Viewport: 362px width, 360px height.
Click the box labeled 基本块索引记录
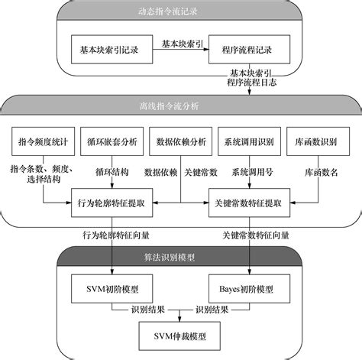click(112, 50)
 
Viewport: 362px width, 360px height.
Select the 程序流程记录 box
click(249, 50)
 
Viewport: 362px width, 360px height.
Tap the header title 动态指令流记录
click(168, 11)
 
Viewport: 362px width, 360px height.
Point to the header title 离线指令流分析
click(169, 106)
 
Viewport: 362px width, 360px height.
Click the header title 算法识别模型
click(170, 258)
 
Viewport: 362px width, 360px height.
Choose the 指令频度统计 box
click(44, 141)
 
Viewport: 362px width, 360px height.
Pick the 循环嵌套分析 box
click(112, 141)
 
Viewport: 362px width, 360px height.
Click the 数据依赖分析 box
click(181, 141)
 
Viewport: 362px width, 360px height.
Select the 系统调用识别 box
click(250, 141)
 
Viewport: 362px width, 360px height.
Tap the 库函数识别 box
click(318, 141)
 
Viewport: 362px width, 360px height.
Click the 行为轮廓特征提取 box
click(112, 203)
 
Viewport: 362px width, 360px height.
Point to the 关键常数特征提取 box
click(249, 203)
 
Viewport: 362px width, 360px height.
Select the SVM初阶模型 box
click(112, 289)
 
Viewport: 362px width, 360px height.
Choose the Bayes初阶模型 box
click(249, 289)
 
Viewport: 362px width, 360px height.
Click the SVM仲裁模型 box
click(179, 336)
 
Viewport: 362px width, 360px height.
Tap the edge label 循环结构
click(112, 172)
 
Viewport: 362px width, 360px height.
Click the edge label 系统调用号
click(252, 172)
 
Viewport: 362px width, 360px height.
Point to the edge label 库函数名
click(322, 173)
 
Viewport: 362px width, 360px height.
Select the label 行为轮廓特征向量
click(116, 235)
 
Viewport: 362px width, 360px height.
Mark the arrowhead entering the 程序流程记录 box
click(206, 50)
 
